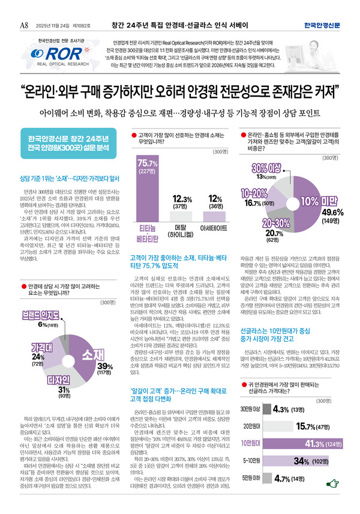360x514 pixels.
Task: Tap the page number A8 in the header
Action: click(x=25, y=8)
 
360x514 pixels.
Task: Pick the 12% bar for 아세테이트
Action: click(x=214, y=216)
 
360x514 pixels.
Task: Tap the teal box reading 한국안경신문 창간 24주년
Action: click(x=58, y=144)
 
